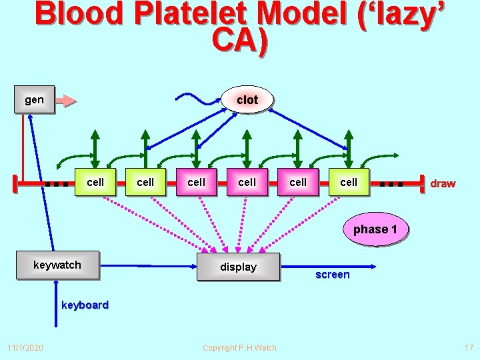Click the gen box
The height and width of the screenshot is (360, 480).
point(35,100)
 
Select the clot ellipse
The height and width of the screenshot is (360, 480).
point(247,100)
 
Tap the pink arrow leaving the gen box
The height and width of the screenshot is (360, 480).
point(66,101)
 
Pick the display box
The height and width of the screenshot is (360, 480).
point(238,267)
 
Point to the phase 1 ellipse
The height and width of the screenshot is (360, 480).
point(375,229)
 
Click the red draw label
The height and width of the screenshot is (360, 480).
point(443,183)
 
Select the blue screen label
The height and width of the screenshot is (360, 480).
point(332,275)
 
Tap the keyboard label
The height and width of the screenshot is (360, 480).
point(85,305)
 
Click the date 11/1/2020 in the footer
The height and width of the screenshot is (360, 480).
point(25,347)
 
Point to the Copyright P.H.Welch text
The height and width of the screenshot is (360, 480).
point(239,347)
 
